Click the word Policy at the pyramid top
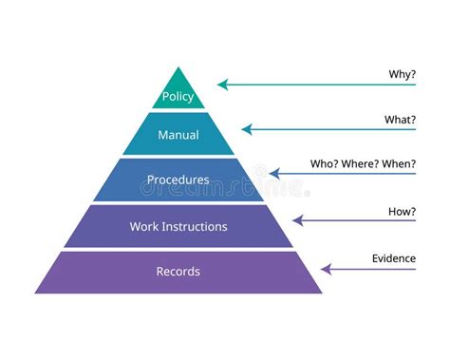click(178, 97)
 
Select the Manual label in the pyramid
click(178, 135)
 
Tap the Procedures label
click(178, 180)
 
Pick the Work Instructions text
click(178, 226)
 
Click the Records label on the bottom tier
click(178, 272)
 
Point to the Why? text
click(403, 74)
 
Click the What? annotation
click(401, 120)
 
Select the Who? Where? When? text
click(363, 163)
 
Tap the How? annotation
click(402, 211)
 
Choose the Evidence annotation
click(394, 257)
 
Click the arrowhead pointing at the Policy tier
click(223, 85)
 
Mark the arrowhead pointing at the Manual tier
click(246, 129)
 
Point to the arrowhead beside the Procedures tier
click(274, 174)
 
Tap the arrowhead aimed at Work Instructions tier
click(297, 220)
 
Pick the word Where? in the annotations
click(362, 163)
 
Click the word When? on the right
click(399, 163)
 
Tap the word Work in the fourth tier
click(143, 226)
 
